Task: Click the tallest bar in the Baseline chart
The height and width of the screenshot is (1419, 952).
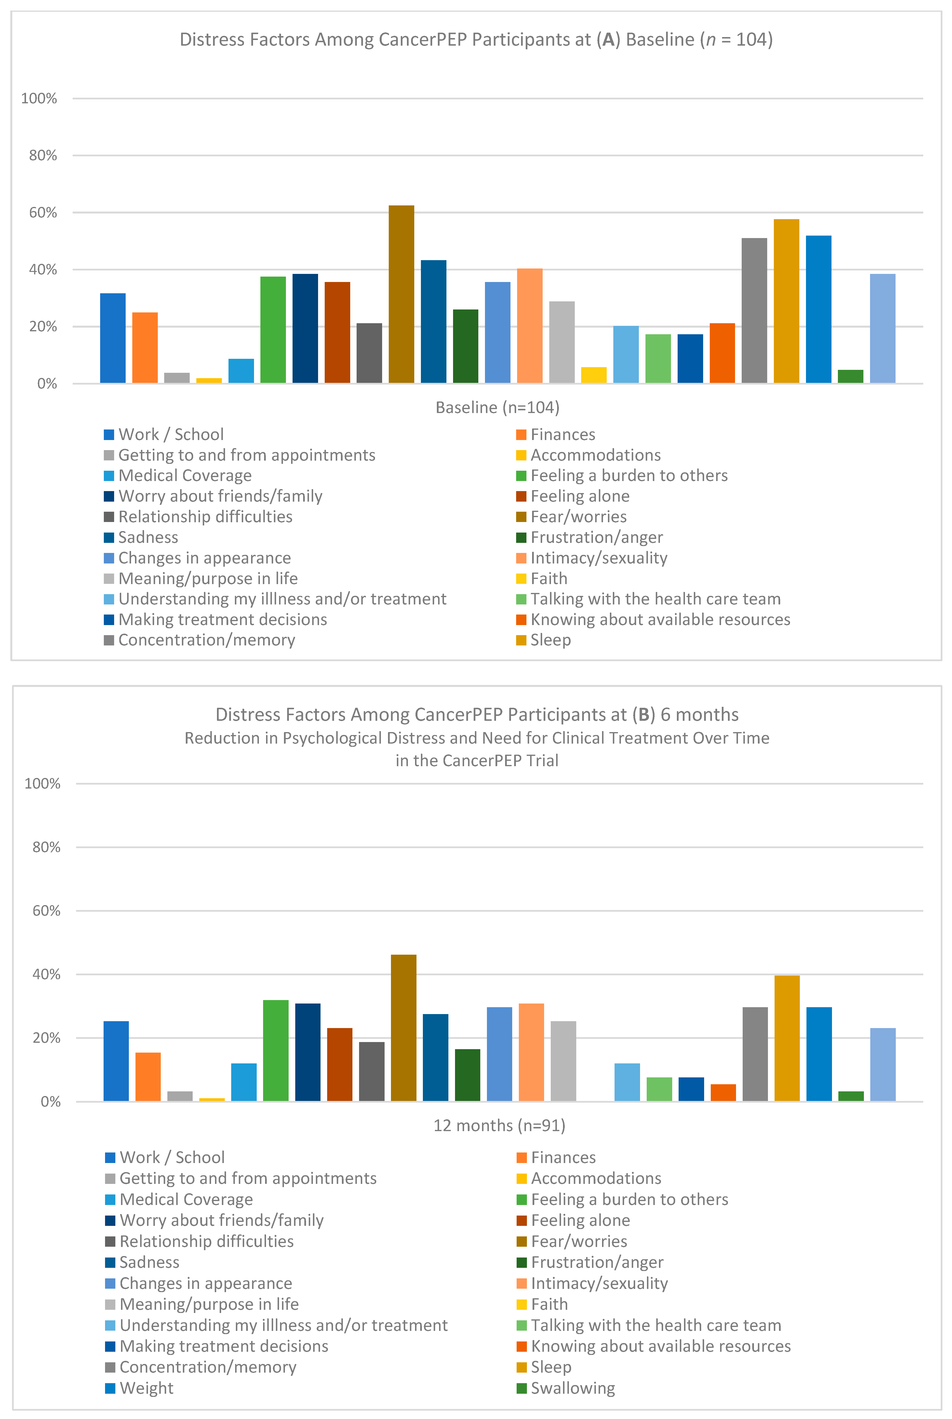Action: tap(401, 295)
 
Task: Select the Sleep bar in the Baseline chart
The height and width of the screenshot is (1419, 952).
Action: tap(786, 301)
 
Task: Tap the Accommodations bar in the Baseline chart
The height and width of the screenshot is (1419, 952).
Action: tap(209, 381)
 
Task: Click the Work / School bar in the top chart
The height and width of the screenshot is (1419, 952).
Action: tap(113, 338)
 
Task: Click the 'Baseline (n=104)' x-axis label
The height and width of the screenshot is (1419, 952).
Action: tap(497, 407)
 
